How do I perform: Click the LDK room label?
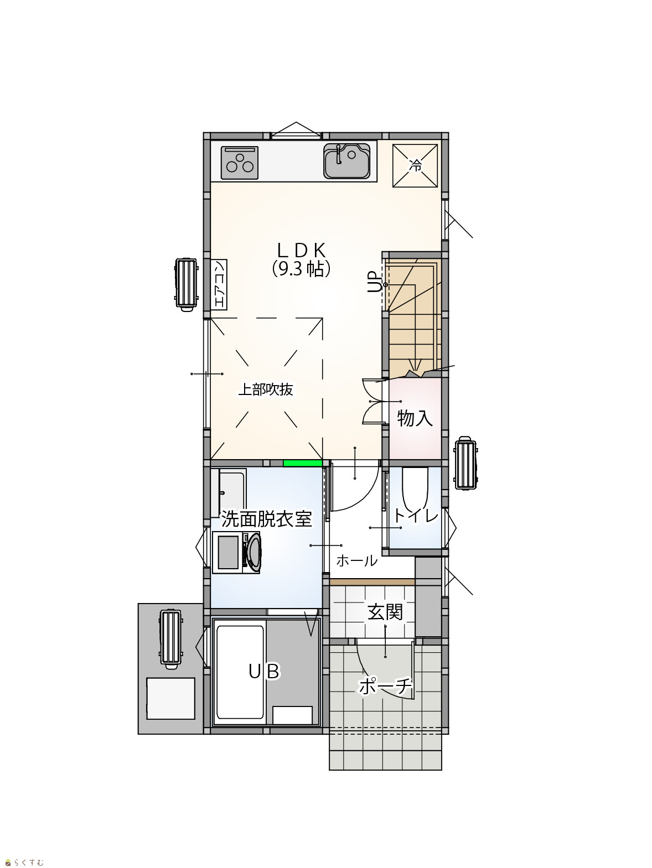pos(301,250)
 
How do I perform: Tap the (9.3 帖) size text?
pos(301,269)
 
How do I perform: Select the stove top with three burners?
pos(240,163)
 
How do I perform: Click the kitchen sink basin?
pos(347,161)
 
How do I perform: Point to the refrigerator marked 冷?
pos(415,165)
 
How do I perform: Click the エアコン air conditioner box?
pos(219,284)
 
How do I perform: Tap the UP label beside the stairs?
pos(373,282)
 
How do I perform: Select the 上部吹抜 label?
pos(266,390)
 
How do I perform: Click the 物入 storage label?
pos(415,418)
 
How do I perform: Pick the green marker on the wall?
pos(303,464)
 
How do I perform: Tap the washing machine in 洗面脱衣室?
pos(236,553)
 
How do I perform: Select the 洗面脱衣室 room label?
pos(267,519)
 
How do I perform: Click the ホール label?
pos(357,560)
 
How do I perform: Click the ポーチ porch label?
pos(385,686)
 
